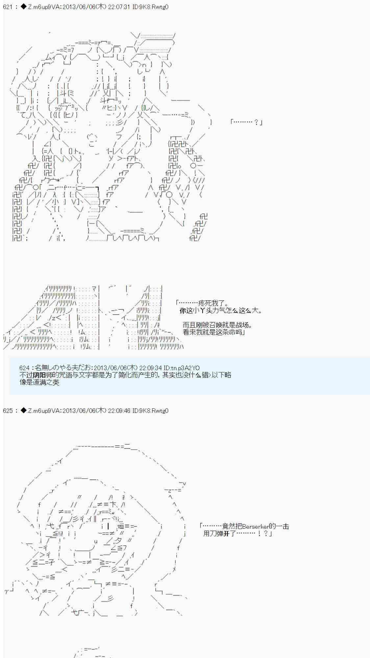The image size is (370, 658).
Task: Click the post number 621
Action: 8,7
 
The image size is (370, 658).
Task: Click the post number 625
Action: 8,411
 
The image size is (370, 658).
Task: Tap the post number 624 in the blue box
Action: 24,368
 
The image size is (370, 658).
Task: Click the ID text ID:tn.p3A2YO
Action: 182,368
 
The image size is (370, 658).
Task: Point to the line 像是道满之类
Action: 39,382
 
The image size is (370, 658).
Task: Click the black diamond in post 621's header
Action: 24,7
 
